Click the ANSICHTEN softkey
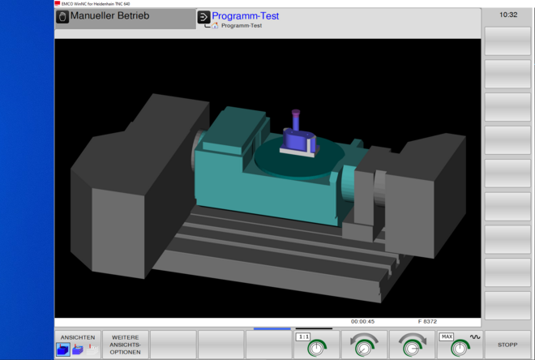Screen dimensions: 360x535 click(78, 345)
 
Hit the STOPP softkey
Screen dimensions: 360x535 click(507, 345)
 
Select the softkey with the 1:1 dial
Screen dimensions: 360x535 click(316, 345)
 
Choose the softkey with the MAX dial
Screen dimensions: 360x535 click(460, 345)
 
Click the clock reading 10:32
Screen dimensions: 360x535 click(508, 15)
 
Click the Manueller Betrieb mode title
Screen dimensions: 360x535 click(109, 16)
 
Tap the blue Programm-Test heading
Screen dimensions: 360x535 click(246, 15)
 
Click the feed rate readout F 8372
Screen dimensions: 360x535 click(427, 322)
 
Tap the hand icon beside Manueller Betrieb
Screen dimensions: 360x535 click(62, 16)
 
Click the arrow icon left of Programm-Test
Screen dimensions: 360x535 click(203, 16)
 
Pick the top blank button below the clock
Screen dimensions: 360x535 click(507, 41)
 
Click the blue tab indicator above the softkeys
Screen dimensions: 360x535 click(272, 328)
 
